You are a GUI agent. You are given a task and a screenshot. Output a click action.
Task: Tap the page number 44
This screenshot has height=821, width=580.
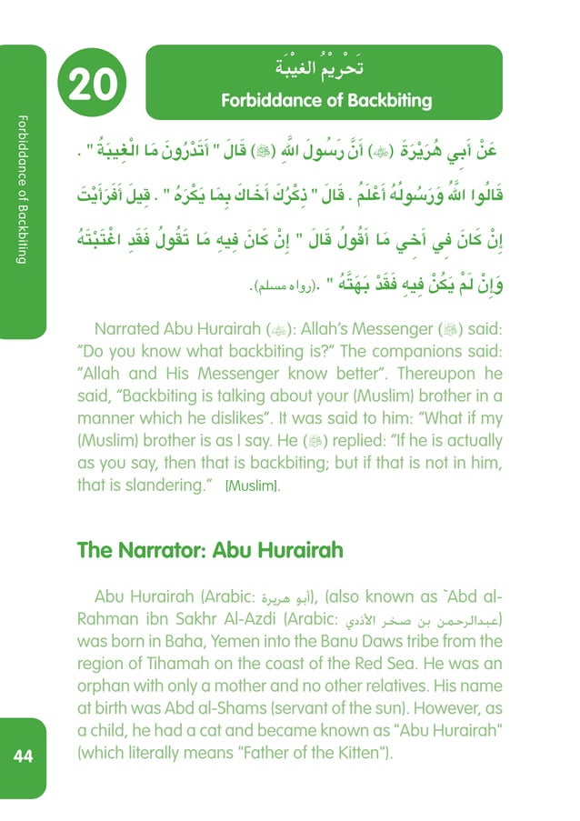point(23,756)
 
